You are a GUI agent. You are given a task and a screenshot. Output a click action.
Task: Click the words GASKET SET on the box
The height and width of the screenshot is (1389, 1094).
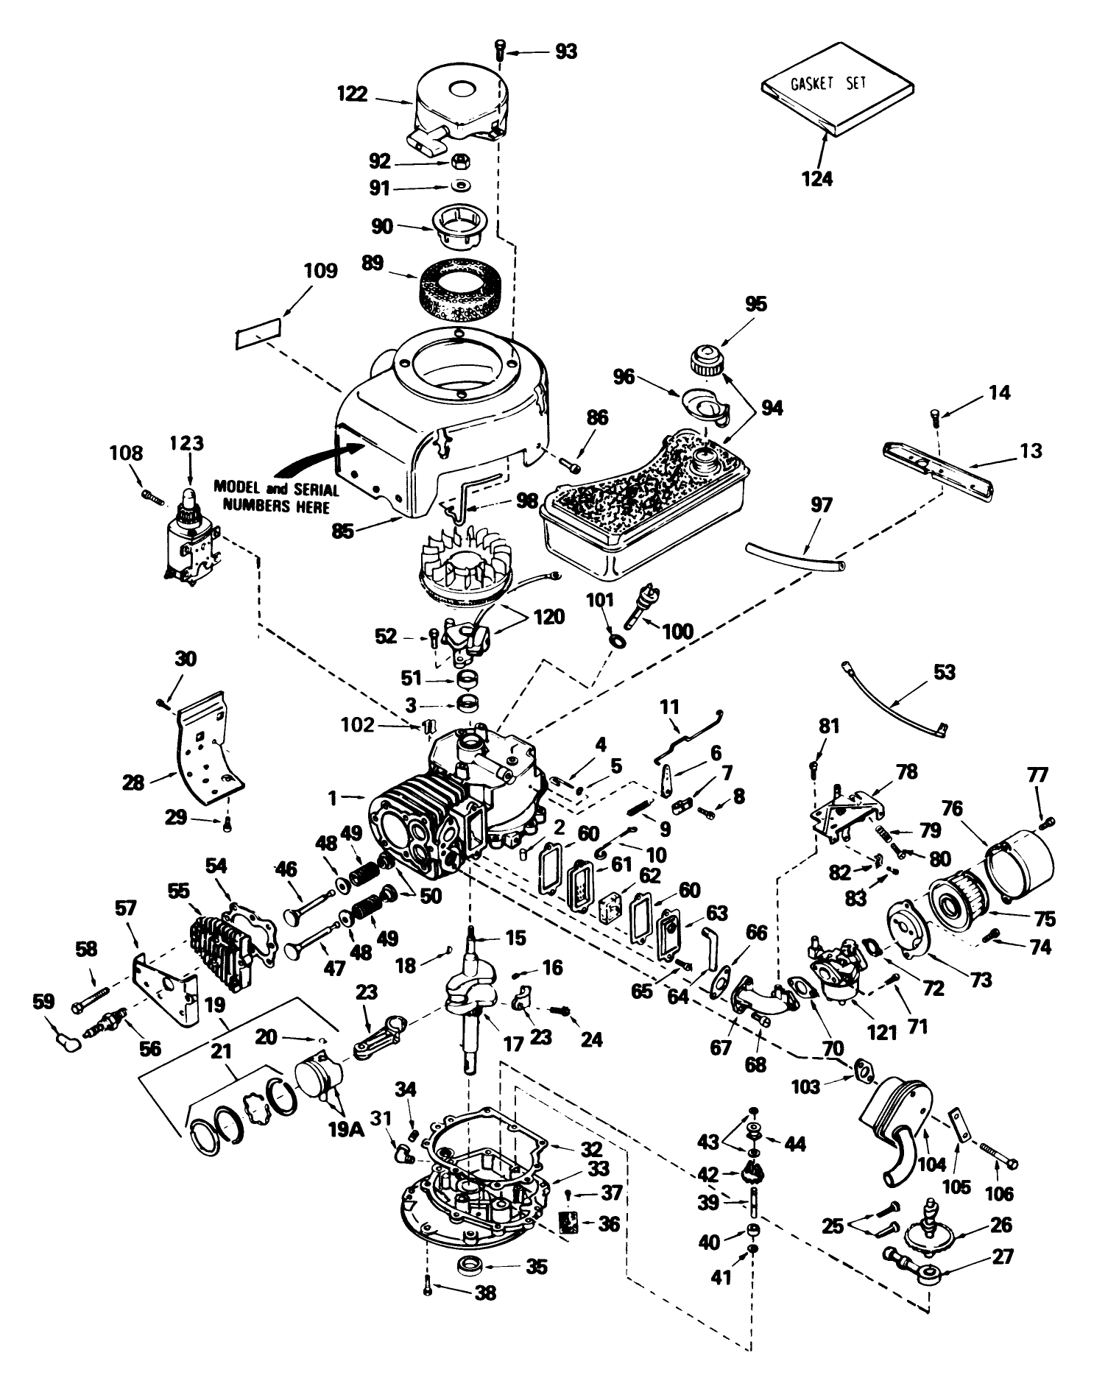(x=828, y=82)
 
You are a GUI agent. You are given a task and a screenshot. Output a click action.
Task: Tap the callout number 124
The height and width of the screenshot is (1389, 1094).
(x=817, y=178)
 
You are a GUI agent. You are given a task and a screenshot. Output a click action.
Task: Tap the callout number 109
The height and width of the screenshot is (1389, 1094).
(x=319, y=271)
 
